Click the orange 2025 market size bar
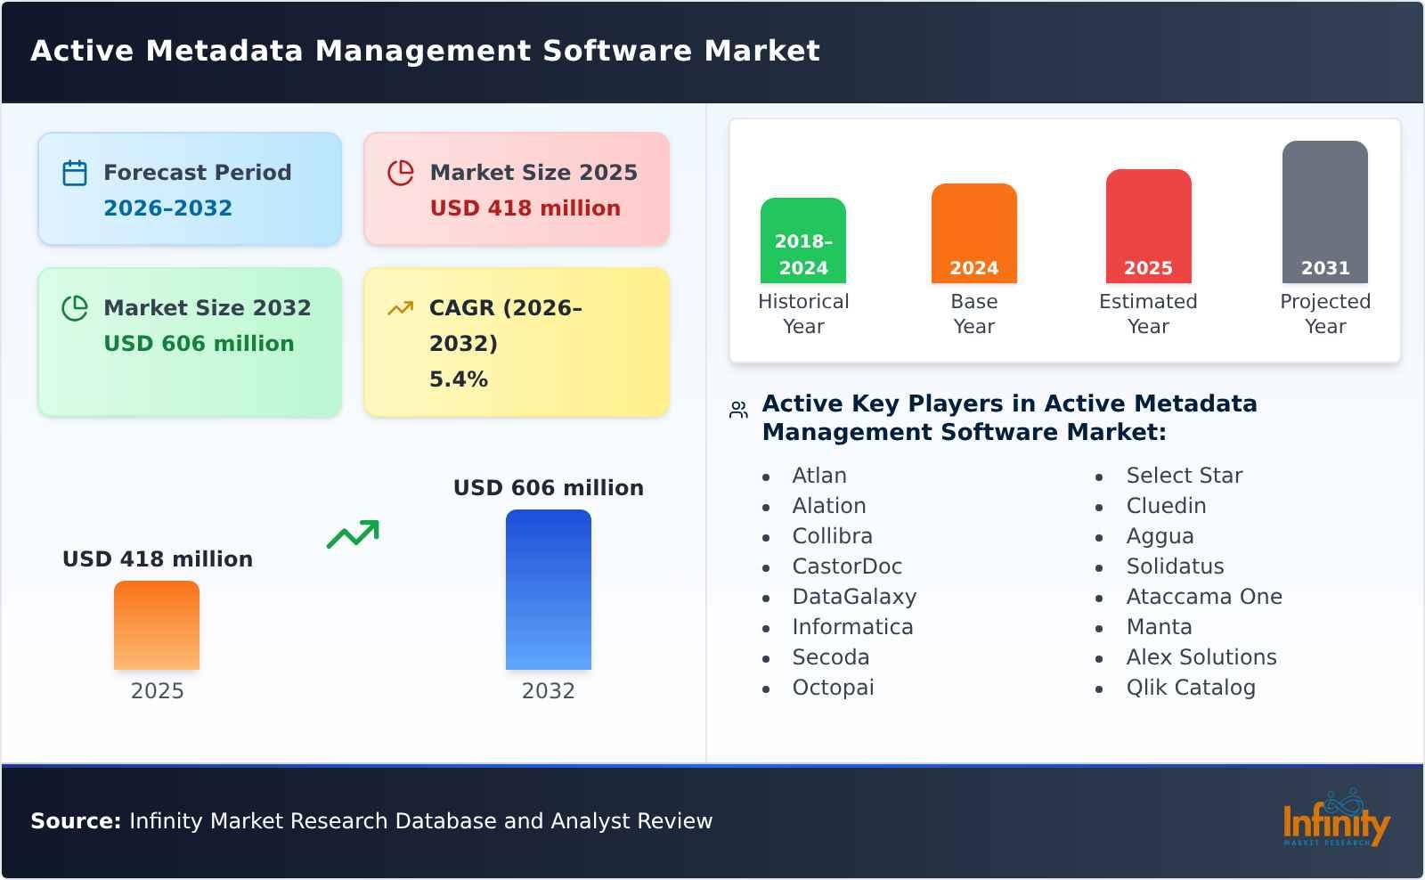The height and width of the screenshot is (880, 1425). pos(157,625)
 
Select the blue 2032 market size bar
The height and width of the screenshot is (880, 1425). pos(548,590)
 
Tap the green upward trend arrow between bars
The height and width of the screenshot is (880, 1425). pos(354,534)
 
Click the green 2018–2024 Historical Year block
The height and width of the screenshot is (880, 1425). pos(802,240)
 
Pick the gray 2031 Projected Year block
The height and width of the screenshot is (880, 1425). pos(1324,212)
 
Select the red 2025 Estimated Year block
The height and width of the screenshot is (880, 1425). pos(1148,226)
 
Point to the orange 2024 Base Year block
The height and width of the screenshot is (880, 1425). pos(973,233)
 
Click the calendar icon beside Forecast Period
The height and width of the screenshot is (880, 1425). pos(75,173)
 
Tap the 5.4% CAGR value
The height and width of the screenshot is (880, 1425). pos(459,379)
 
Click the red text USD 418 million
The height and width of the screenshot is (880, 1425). pos(525,208)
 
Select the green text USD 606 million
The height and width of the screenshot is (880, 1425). pos(199,344)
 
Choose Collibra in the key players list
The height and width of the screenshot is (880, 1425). pos(832,536)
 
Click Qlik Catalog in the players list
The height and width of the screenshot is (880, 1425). pos(1190,688)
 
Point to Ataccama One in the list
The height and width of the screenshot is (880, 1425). pos(1203,597)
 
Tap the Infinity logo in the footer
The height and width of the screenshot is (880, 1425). pos(1335,819)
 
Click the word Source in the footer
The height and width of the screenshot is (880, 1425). pos(75,821)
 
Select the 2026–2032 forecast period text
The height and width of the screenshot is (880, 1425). pos(167,208)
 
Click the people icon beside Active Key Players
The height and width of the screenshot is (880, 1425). pos(738,410)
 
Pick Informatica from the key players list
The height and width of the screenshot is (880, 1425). pos(852,627)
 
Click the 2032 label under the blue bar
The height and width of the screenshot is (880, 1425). pos(548,691)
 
